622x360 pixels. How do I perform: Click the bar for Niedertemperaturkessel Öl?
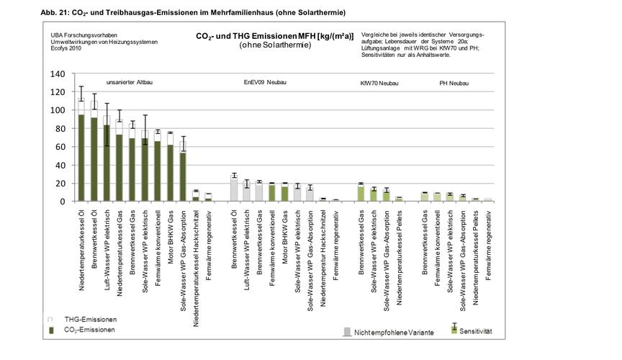click(81, 155)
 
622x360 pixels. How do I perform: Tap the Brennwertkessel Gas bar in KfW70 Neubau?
click(361, 193)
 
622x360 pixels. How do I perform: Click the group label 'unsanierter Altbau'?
click(130, 82)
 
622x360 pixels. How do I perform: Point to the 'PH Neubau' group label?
click(454, 83)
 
